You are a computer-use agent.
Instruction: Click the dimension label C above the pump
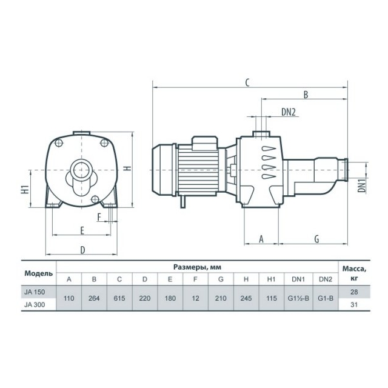coord(247,82)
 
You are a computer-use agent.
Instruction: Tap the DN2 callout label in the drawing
coord(289,112)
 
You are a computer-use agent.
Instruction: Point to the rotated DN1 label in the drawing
coord(362,186)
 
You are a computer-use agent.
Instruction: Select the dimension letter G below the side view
coord(316,239)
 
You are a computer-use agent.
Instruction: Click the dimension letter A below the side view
coord(261,239)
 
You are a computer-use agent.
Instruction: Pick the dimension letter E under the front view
coord(82,230)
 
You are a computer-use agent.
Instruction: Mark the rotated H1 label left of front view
coord(25,189)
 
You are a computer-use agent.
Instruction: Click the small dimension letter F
coord(99,217)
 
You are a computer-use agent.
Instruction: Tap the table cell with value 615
coord(119,298)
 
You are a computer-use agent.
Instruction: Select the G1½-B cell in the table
coord(298,298)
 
